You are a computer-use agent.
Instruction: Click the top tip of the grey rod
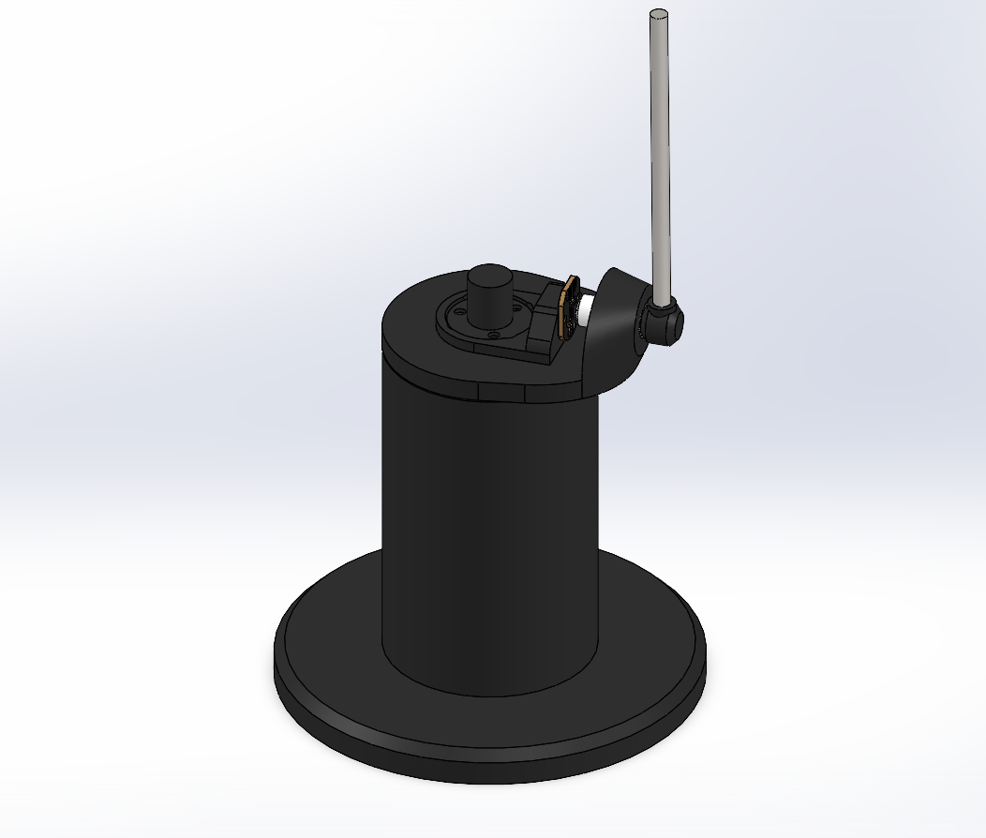pyautogui.click(x=659, y=14)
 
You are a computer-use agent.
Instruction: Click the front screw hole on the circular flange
pyautogui.click(x=494, y=335)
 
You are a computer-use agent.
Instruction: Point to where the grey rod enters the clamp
pyautogui.click(x=663, y=302)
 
